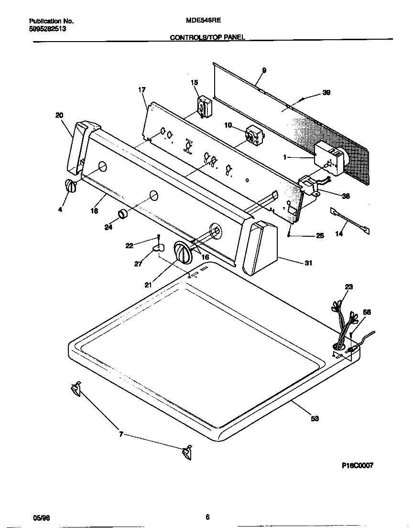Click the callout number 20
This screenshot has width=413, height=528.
[59, 115]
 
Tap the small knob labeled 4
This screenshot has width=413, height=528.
[70, 187]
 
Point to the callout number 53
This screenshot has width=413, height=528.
[315, 418]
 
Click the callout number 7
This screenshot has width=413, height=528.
[121, 434]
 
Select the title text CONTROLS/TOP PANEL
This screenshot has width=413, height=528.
[207, 37]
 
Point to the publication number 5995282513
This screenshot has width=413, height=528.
[47, 29]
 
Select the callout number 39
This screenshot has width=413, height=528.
[326, 93]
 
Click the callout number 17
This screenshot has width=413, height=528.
[142, 89]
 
